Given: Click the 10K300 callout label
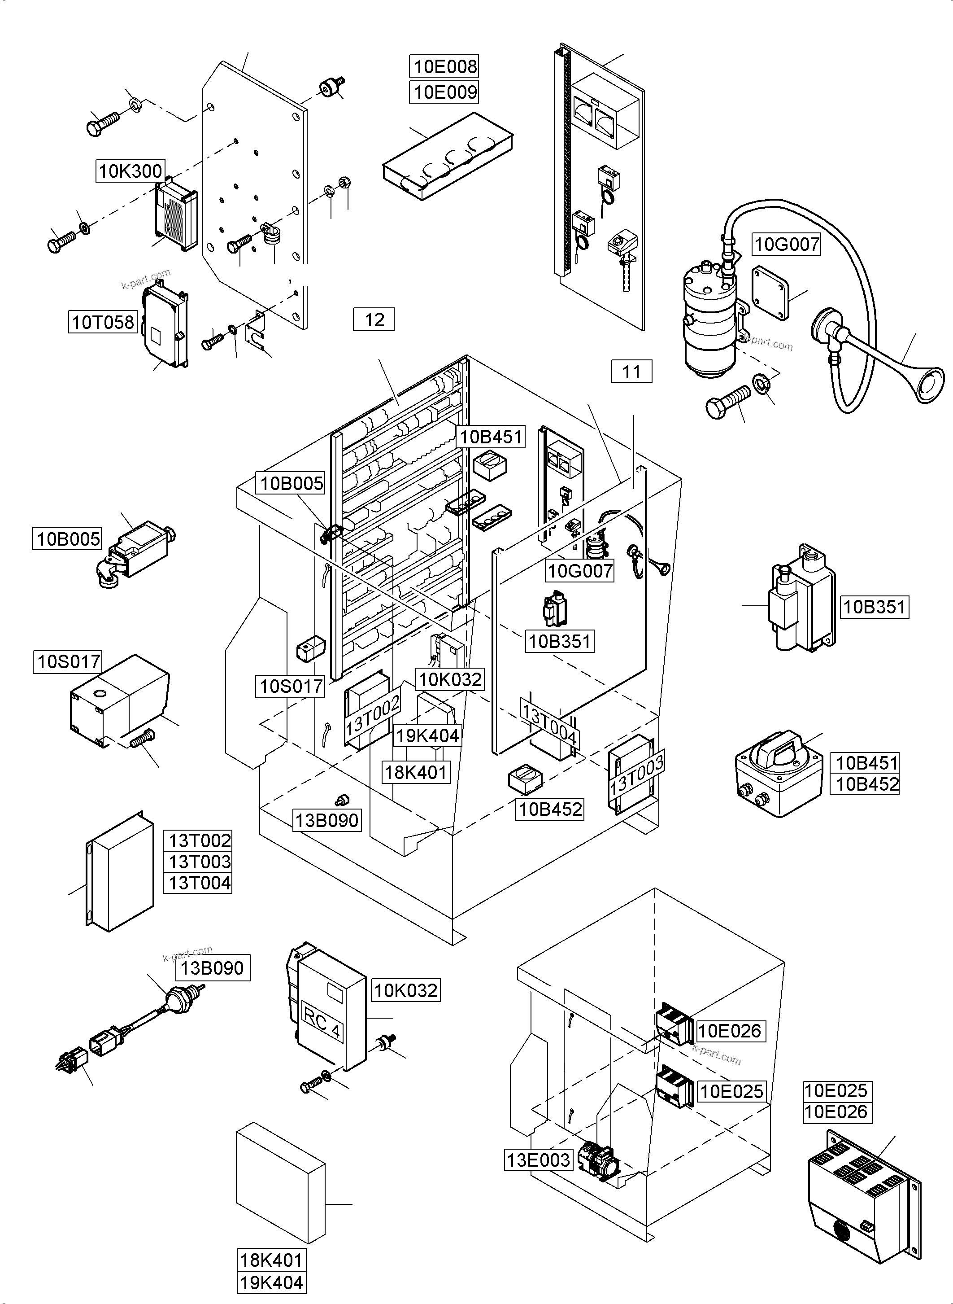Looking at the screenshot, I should [131, 171].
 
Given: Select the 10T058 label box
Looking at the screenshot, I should [103, 322].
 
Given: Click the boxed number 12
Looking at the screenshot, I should [374, 320].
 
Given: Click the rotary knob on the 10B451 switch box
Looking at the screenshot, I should [784, 749].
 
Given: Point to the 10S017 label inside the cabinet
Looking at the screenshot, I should [291, 687].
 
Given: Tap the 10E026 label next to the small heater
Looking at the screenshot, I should [730, 1031].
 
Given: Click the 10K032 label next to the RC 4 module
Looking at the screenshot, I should [405, 990].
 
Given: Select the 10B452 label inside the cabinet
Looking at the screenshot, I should [550, 810].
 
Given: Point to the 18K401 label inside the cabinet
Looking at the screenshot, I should [415, 772].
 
